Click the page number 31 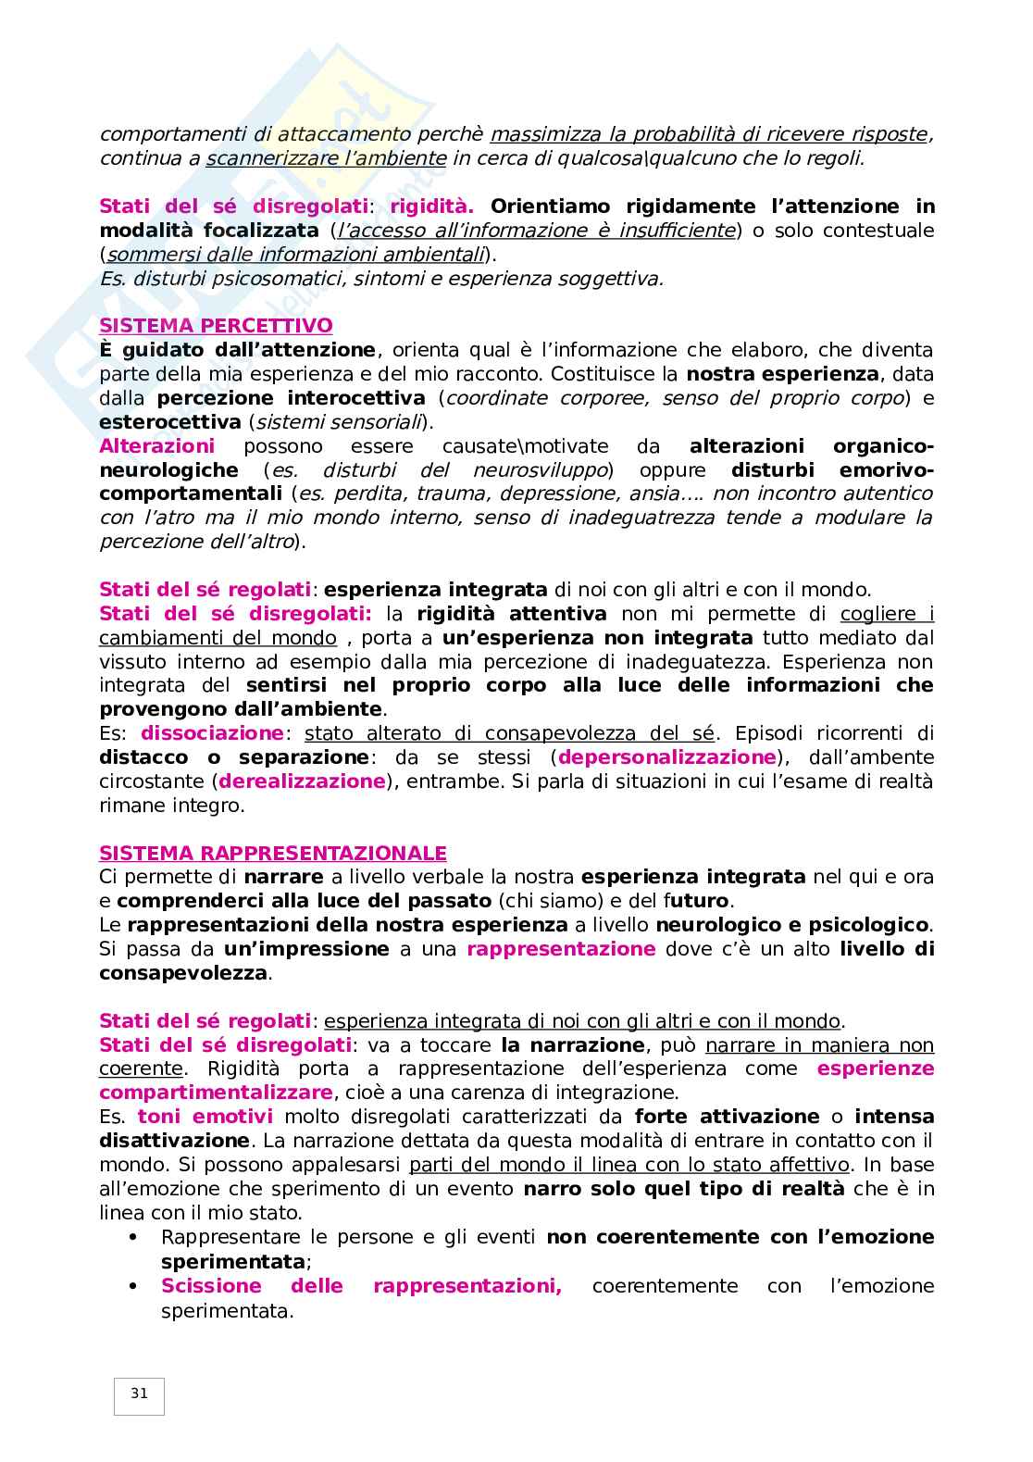139,1393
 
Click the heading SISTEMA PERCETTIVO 216,326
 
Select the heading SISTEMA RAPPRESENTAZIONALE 272,853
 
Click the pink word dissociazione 212,733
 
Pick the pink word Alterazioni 156,446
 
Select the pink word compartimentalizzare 215,1093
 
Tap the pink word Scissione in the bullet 211,1286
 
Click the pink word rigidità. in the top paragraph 431,206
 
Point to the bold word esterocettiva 168,422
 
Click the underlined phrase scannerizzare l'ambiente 326,158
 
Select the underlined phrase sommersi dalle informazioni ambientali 295,255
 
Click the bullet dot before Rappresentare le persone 132,1238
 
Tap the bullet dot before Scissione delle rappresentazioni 132,1286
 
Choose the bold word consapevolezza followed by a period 182,973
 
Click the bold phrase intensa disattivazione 174,1141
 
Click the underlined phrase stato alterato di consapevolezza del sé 509,733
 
